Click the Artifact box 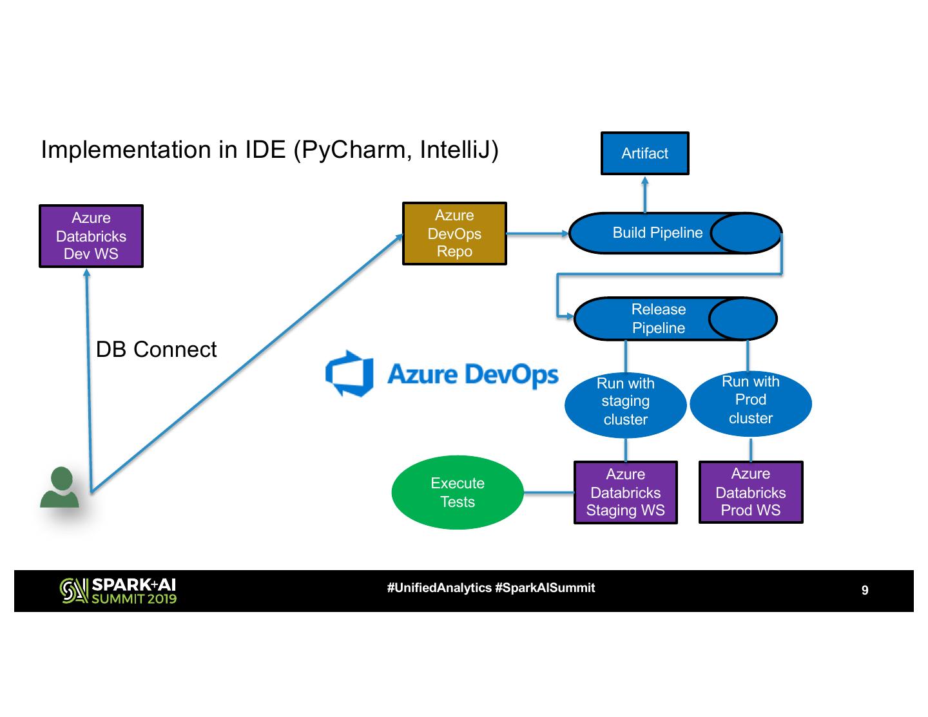pos(644,153)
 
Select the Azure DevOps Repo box pos(454,233)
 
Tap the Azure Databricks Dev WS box pos(91,236)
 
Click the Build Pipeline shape pos(657,233)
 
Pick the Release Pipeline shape pos(659,318)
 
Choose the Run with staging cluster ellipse pos(625,401)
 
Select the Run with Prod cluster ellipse pos(750,400)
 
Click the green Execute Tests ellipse pos(458,492)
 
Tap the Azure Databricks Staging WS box pos(625,492)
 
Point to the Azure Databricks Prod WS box pos(750,492)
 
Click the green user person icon pos(60,488)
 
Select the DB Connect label pos(156,349)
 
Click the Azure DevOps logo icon pos(349,373)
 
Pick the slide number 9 pos(865,590)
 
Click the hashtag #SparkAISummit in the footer pos(545,588)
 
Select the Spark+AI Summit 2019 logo pos(118,590)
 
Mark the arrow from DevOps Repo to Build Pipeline pos(537,233)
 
